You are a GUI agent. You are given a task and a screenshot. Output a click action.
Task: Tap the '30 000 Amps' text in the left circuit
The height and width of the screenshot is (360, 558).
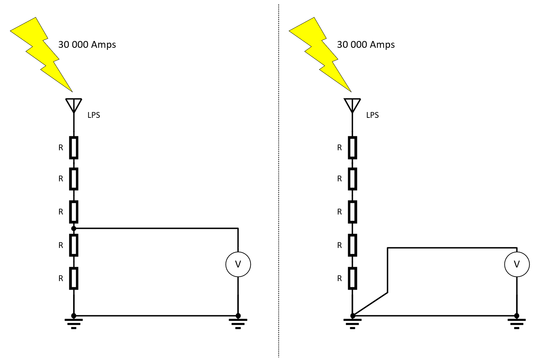[x=87, y=45]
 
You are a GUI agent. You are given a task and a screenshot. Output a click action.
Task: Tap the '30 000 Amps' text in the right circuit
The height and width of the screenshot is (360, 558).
[x=366, y=45]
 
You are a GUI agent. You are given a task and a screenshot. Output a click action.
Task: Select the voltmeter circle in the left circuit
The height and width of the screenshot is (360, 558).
[x=238, y=264]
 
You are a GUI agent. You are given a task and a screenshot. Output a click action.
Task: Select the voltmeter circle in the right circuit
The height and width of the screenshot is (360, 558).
[x=517, y=264]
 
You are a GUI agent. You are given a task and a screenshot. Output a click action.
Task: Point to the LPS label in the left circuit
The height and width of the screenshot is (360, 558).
[x=94, y=115]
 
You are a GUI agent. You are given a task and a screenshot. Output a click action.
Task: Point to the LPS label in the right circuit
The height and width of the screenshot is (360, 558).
[x=372, y=115]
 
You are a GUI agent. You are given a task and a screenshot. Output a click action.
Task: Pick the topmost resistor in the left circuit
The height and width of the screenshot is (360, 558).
[x=74, y=148]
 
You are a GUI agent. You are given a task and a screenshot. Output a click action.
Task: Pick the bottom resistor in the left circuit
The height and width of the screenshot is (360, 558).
[x=74, y=278]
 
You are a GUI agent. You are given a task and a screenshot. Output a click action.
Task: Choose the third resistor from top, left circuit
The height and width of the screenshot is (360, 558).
[x=74, y=212]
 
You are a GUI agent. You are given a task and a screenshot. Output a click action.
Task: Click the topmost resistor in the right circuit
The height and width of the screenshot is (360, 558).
[x=353, y=148]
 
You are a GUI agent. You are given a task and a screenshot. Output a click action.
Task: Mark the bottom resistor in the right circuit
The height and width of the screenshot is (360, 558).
[x=353, y=278]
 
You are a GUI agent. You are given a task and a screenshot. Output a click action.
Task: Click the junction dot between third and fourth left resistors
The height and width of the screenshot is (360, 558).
[x=74, y=228]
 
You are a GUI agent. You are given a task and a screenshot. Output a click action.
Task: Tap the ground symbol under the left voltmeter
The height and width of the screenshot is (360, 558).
[x=238, y=323]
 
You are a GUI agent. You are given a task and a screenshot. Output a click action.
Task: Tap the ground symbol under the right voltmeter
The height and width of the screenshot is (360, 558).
[x=516, y=323]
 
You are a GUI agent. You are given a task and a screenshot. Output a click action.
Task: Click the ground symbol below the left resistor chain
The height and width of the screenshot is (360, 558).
[x=74, y=323]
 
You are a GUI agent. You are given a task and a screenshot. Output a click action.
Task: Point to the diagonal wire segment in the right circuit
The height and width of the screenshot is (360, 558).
[x=370, y=304]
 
